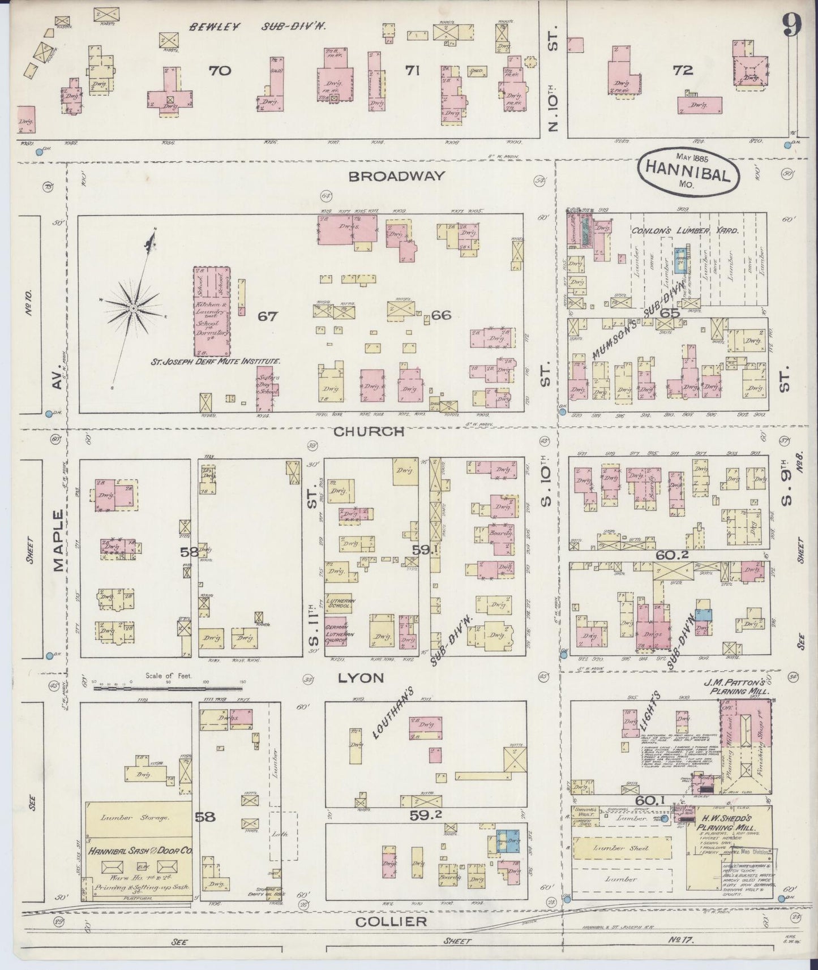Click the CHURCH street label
coord(369,432)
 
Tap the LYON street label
coord(361,677)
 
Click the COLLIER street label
coord(391,921)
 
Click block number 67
coord(267,316)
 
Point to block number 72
coord(683,71)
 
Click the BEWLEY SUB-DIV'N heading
coord(260,27)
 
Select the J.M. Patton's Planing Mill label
coord(743,687)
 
